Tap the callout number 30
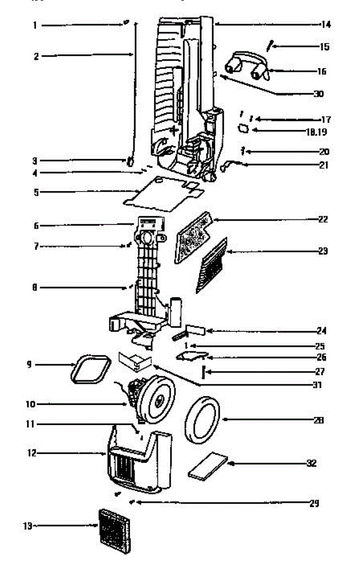point(318,94)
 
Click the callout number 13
point(27,526)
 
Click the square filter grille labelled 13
point(114,531)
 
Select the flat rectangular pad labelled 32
point(208,466)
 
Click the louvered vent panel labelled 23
point(212,265)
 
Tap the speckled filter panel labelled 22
point(192,237)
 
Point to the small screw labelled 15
point(270,46)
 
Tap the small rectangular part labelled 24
point(194,330)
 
